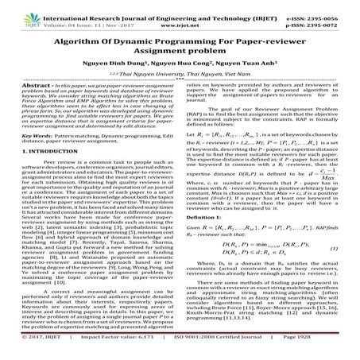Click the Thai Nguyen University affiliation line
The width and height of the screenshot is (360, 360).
tap(180, 72)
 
